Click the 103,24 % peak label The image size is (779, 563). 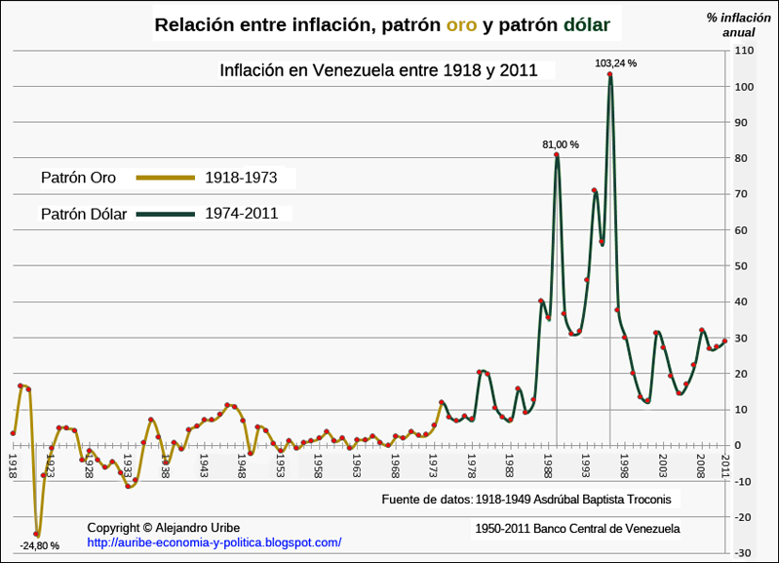pyautogui.click(x=615, y=63)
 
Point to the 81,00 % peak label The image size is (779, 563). pyautogui.click(x=561, y=144)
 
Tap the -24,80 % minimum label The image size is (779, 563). pyautogui.click(x=39, y=545)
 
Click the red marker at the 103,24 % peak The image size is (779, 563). pyautogui.click(x=610, y=74)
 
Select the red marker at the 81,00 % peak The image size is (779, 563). pyautogui.click(x=557, y=155)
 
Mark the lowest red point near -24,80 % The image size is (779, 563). pyautogui.click(x=37, y=534)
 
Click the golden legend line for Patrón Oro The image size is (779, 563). pyautogui.click(x=165, y=178)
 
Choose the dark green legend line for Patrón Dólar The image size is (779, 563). pyautogui.click(x=165, y=213)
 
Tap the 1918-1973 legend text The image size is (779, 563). pyautogui.click(x=241, y=178)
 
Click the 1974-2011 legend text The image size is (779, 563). pyautogui.click(x=241, y=213)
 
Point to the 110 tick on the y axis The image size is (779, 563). pyautogui.click(x=744, y=50)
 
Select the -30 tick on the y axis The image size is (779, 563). pyautogui.click(x=744, y=553)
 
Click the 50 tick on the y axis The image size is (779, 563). pyautogui.click(x=744, y=265)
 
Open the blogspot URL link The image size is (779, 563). pyautogui.click(x=214, y=542)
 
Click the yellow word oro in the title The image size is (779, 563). pyautogui.click(x=461, y=25)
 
